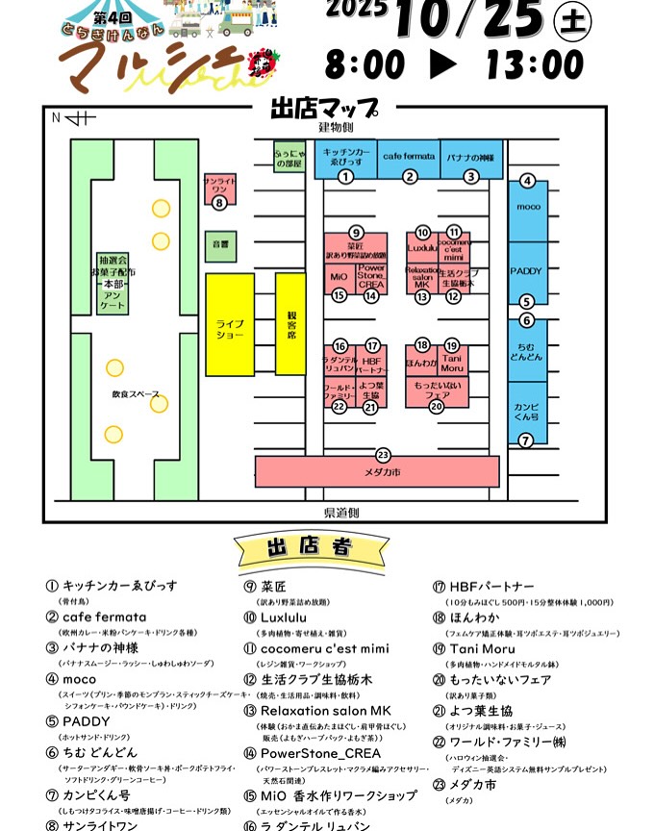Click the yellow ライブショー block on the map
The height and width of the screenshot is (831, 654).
click(229, 324)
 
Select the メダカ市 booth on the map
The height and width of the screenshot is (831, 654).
click(377, 472)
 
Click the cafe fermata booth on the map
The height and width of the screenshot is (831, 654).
click(409, 156)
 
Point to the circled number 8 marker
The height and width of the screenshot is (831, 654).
click(219, 203)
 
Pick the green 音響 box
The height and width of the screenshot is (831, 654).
click(219, 245)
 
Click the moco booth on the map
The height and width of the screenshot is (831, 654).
click(527, 207)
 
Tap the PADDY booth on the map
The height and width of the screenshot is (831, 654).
click(527, 272)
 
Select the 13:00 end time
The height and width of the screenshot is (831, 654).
click(535, 64)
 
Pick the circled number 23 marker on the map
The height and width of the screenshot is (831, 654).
click(383, 454)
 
